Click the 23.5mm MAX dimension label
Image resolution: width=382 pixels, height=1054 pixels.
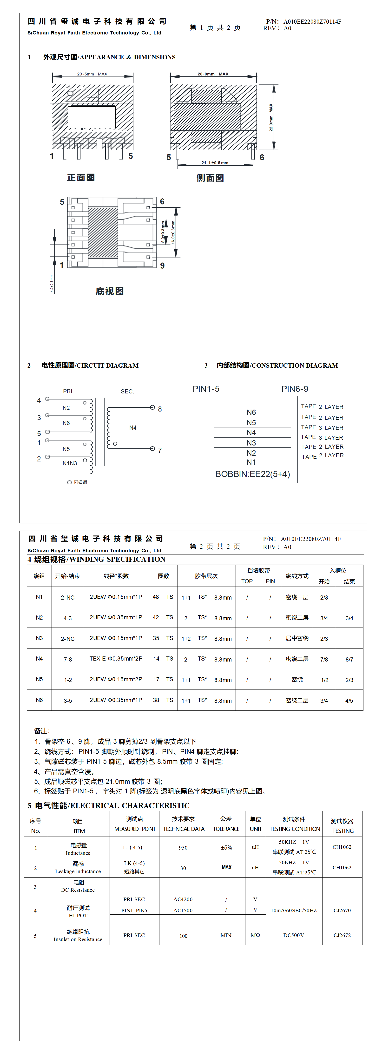click(x=92, y=74)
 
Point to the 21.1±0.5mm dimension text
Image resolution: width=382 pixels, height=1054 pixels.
click(x=215, y=163)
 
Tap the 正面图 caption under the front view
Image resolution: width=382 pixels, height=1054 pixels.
click(x=81, y=178)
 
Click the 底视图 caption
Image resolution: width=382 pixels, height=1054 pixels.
click(x=109, y=291)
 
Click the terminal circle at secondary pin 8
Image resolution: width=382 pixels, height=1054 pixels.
click(x=152, y=407)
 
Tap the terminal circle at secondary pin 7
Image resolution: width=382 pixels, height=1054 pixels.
click(x=152, y=449)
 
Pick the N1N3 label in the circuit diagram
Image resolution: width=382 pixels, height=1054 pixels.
click(x=70, y=463)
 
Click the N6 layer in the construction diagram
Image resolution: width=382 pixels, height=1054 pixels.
click(x=251, y=412)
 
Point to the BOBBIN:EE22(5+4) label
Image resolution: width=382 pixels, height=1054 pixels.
click(x=252, y=474)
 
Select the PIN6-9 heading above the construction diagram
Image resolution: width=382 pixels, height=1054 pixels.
click(x=295, y=389)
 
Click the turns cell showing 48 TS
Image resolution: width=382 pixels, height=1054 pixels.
click(x=163, y=597)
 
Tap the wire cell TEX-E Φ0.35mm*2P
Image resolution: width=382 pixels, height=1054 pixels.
click(x=116, y=659)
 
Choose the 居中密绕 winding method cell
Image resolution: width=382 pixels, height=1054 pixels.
click(x=297, y=638)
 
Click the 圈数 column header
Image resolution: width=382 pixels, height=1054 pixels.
click(x=163, y=576)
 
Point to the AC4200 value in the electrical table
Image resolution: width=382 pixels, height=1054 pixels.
click(x=183, y=899)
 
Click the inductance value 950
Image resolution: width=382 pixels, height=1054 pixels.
click(x=183, y=847)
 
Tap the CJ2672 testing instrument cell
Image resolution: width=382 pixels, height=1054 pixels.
click(x=342, y=935)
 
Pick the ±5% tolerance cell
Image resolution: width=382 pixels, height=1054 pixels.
click(x=226, y=847)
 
